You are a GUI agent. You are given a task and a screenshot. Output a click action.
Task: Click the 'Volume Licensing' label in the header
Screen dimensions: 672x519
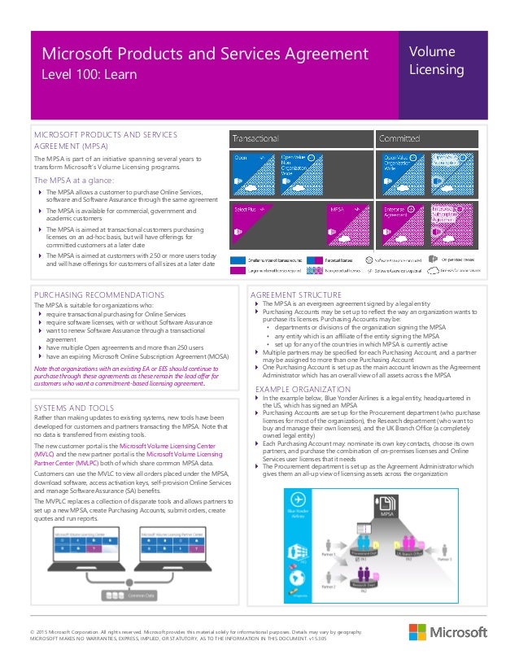(x=436, y=61)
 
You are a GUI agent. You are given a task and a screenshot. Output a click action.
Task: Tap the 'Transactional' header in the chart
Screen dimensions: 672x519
(x=256, y=138)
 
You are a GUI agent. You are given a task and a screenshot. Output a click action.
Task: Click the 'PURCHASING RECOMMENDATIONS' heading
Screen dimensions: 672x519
(x=98, y=295)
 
